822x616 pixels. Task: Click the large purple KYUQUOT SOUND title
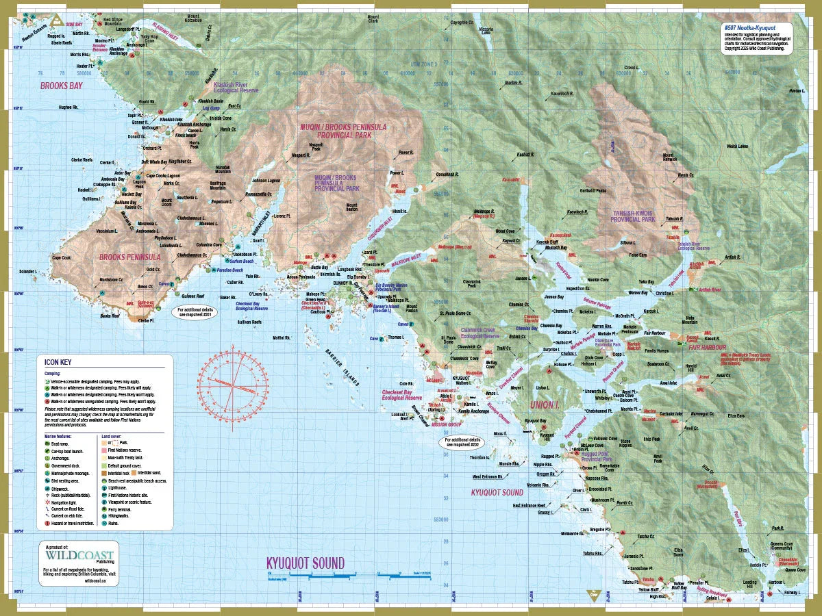pyautogui.click(x=305, y=563)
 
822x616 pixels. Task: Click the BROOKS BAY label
pyautogui.click(x=61, y=86)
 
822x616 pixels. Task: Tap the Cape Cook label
pyautogui.click(x=62, y=258)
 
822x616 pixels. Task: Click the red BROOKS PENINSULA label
pyautogui.click(x=130, y=258)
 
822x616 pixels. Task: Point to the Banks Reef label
pyautogui.click(x=110, y=316)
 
